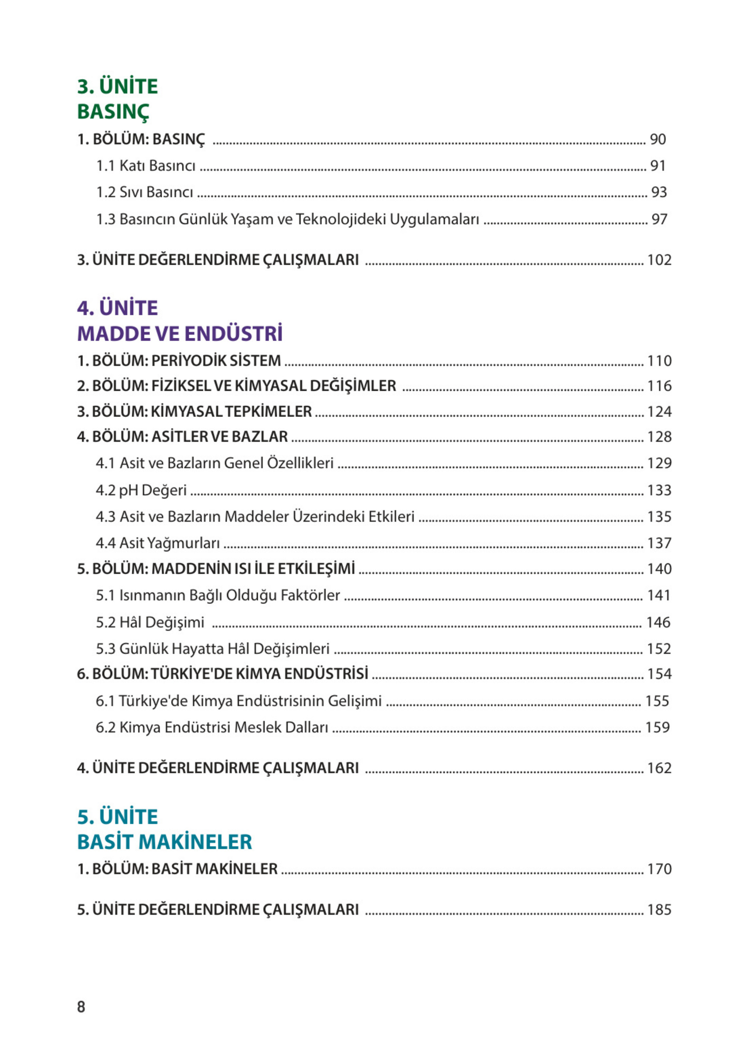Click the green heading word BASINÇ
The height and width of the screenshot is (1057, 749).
(x=113, y=112)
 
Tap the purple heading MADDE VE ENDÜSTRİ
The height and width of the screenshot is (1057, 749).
(x=179, y=333)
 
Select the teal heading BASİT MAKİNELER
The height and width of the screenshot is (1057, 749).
(x=164, y=842)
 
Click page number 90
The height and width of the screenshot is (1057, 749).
(x=658, y=139)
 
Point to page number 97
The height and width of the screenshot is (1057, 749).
(x=659, y=219)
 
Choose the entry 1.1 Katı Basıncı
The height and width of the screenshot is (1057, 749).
(x=146, y=166)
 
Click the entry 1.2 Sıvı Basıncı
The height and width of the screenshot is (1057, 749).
(x=144, y=192)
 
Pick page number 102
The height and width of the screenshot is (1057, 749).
(x=659, y=260)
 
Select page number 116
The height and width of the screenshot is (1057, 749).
(x=659, y=386)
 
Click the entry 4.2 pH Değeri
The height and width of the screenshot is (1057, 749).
(x=141, y=490)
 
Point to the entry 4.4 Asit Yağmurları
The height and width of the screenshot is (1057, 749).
(x=158, y=543)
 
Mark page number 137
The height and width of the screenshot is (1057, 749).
(x=659, y=543)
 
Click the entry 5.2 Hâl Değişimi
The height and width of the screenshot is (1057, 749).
(x=150, y=622)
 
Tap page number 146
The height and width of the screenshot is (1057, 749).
(x=658, y=622)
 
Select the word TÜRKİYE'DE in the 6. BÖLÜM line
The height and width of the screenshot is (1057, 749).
(x=192, y=674)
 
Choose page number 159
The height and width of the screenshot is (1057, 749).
(x=657, y=727)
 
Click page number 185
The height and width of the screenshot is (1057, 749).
(x=659, y=909)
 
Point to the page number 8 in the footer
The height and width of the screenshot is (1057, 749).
(x=81, y=1006)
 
